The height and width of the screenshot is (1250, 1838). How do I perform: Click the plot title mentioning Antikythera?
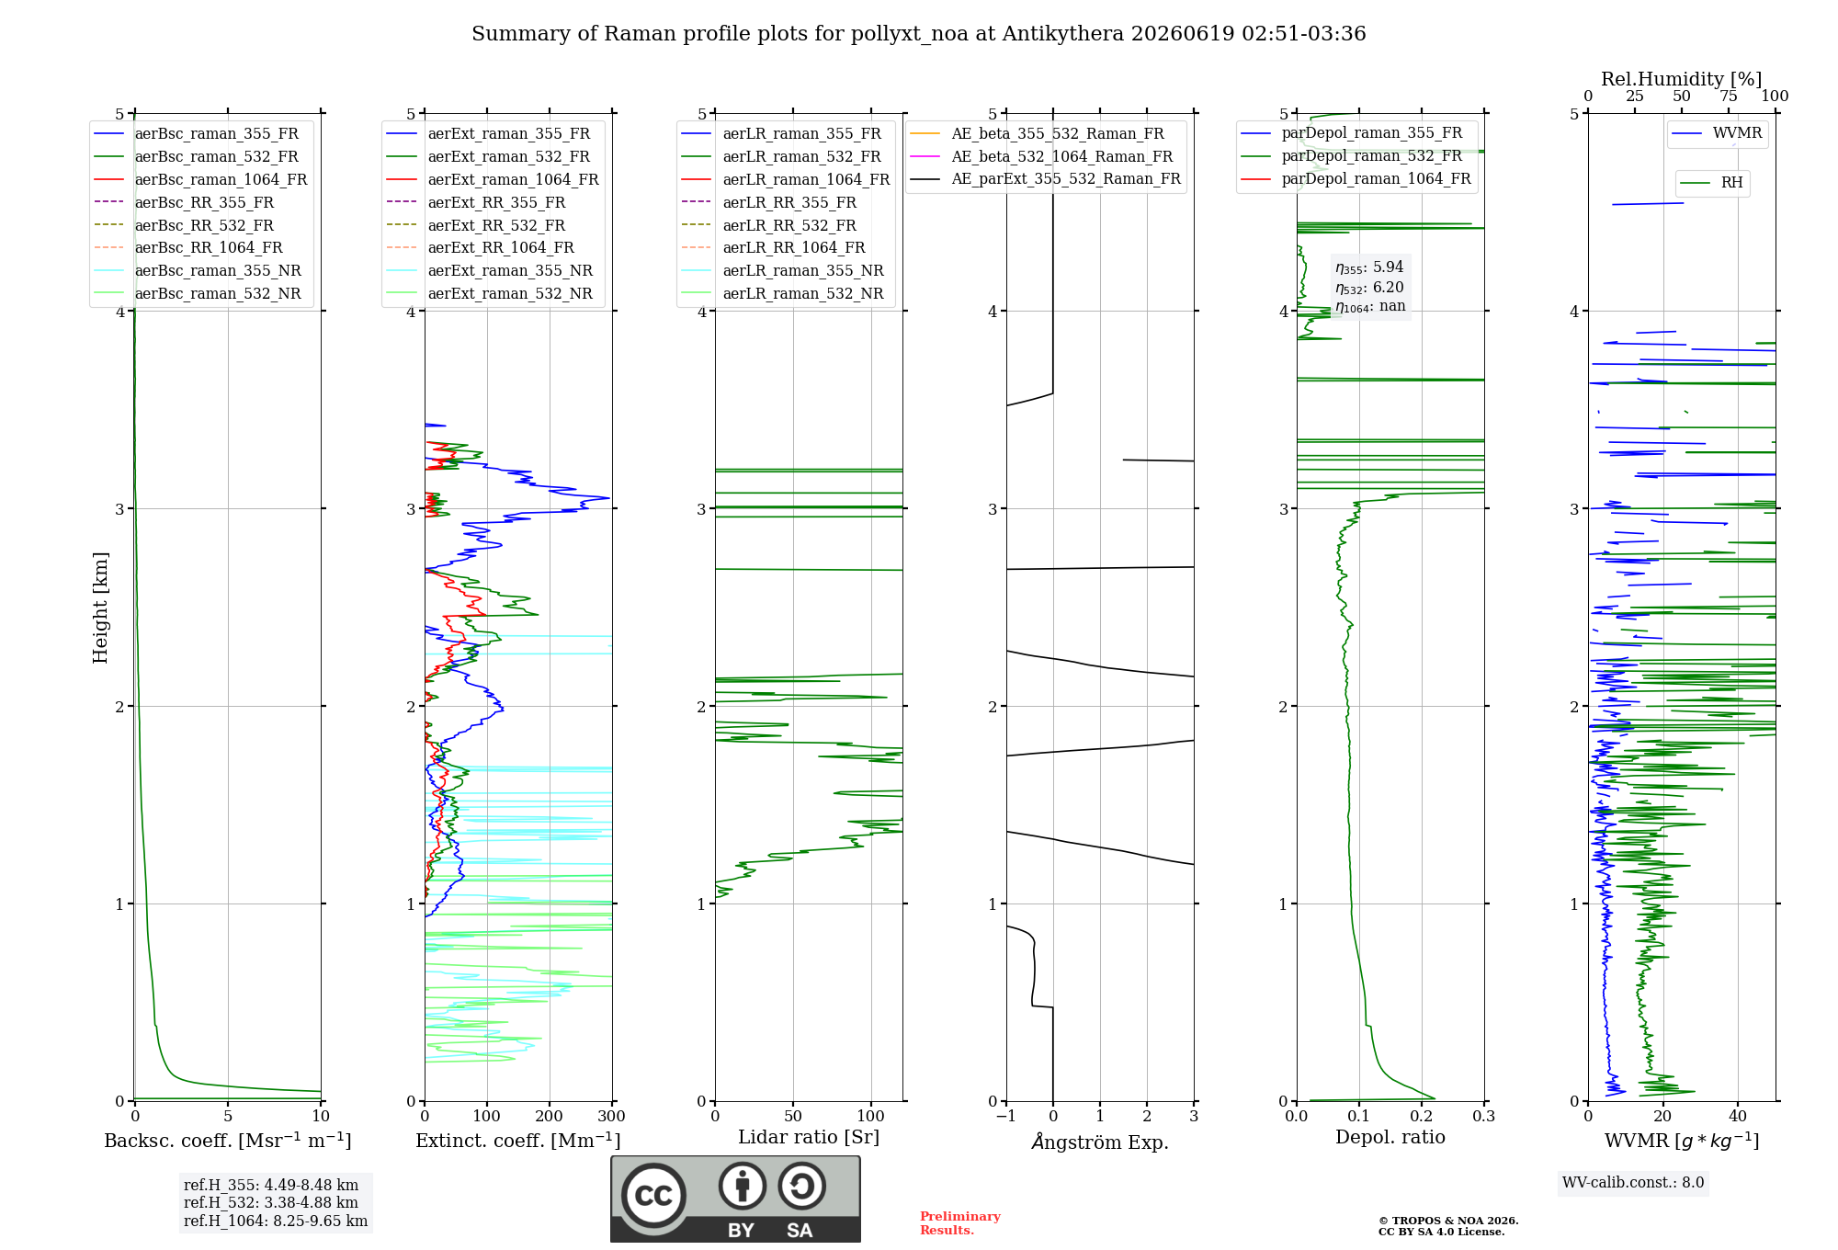[x=918, y=34]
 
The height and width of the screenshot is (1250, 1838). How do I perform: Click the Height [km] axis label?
[x=100, y=608]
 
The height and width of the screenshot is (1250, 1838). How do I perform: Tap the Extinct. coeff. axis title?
[x=518, y=1141]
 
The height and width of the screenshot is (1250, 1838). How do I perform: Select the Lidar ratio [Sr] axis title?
[x=809, y=1137]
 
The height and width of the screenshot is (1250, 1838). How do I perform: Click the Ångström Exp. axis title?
[x=1100, y=1142]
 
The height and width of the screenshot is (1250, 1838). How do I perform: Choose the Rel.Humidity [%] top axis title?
[x=1682, y=79]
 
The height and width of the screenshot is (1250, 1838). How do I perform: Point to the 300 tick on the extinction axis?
[x=611, y=1116]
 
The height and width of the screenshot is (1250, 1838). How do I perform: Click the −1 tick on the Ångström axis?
[x=1005, y=1116]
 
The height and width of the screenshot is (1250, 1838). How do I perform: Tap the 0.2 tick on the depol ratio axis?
[x=1422, y=1116]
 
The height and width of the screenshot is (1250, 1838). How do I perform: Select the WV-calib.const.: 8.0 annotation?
[x=1633, y=1183]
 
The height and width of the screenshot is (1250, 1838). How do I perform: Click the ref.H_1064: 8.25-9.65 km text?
[x=276, y=1221]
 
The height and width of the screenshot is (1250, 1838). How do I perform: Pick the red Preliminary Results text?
[x=960, y=1223]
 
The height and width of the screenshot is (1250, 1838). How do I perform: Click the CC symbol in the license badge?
[x=653, y=1196]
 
